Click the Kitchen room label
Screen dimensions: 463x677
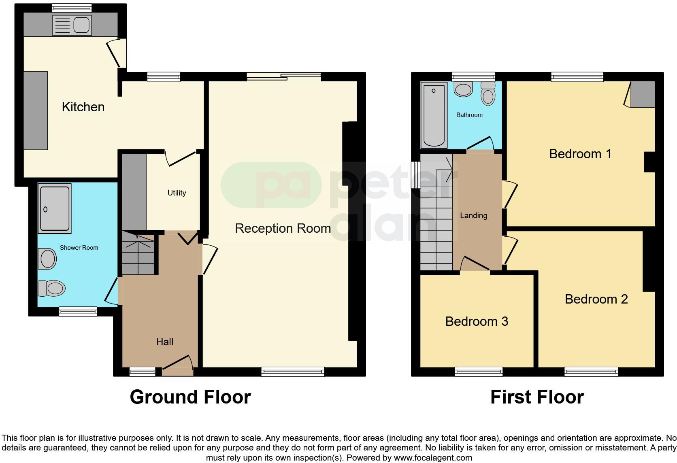[x=83, y=107]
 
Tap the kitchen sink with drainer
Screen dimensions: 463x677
[x=72, y=25]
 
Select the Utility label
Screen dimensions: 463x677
[x=177, y=193]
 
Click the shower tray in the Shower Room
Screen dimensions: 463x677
[x=55, y=208]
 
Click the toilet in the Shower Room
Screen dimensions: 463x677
[x=51, y=289]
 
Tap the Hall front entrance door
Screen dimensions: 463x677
[x=177, y=366]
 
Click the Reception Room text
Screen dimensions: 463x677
[x=283, y=228]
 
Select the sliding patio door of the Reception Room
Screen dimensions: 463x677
[x=284, y=76]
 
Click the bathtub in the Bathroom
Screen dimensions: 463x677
[x=434, y=115]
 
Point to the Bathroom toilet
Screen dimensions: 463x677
[x=488, y=94]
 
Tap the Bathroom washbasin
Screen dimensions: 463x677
[x=463, y=89]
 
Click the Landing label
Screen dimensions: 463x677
[x=473, y=216]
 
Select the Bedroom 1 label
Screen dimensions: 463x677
[x=580, y=154]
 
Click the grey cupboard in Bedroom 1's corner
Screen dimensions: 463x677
[x=643, y=94]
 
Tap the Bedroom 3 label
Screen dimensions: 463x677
[x=477, y=321]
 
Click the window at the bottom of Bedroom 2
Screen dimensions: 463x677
[x=591, y=372]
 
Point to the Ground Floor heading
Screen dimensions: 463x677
[x=190, y=397]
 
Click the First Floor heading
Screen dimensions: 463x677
[x=537, y=397]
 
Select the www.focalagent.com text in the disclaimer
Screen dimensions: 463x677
[x=432, y=458]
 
